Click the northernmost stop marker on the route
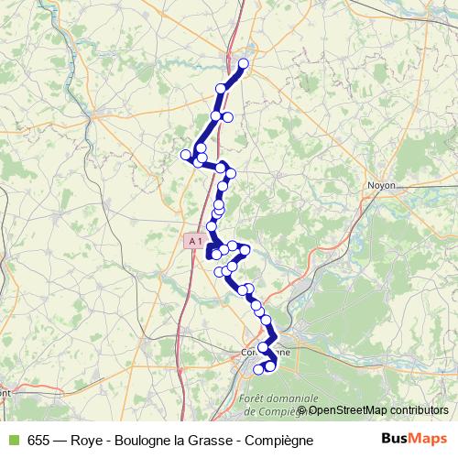point(244,63)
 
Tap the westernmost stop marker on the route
point(186,154)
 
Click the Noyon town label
point(381,184)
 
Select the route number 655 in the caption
point(38,440)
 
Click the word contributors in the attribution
point(420,410)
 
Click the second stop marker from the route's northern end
point(221,88)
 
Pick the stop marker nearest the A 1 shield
point(212,226)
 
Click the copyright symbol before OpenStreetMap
point(301,410)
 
